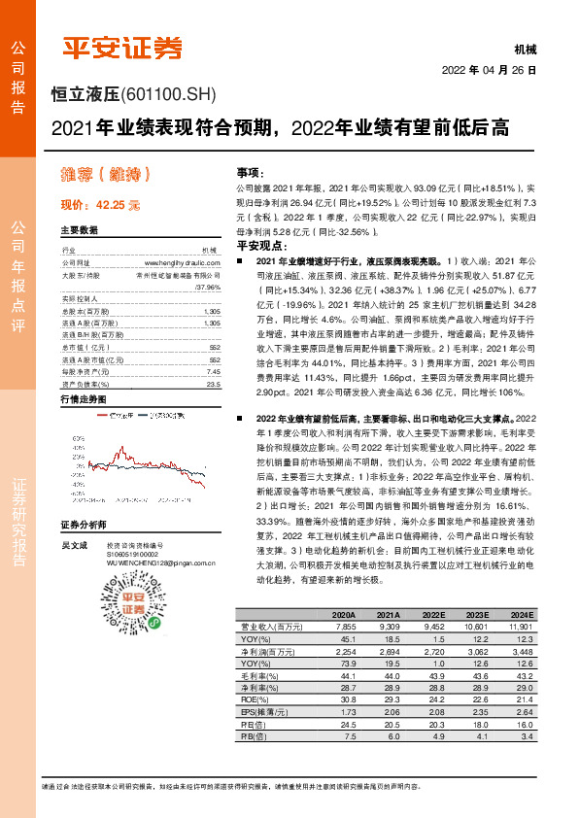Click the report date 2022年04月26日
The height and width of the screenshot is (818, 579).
tap(490, 71)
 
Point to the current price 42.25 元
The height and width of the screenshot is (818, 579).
tap(100, 206)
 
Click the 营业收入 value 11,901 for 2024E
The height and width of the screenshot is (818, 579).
tap(521, 627)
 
